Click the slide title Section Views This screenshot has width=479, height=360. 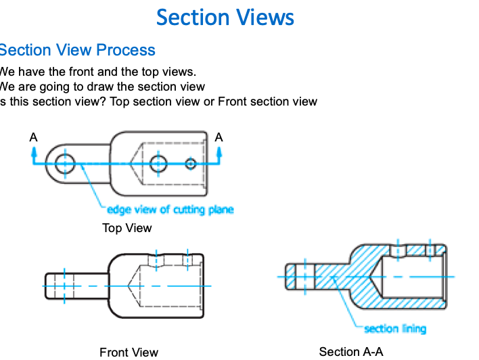point(225,17)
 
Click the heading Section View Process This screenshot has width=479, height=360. point(77,50)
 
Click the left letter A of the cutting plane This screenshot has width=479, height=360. point(33,137)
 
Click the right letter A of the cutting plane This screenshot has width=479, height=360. point(219,137)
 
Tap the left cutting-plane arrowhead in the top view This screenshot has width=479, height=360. point(34,152)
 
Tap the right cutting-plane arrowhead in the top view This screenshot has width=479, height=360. point(218,152)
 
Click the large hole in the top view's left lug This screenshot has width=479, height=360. point(66,163)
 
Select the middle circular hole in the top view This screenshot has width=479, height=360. point(159,163)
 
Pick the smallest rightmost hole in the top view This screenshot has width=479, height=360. point(191,163)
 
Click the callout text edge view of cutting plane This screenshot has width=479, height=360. point(170,210)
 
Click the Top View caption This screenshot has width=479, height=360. point(127,228)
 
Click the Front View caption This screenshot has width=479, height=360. point(129,352)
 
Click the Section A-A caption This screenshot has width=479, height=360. point(350,351)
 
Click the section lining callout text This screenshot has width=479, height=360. point(395,329)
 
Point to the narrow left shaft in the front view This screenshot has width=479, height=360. point(74,286)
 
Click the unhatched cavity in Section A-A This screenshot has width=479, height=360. point(406,277)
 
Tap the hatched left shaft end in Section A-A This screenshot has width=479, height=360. point(292,277)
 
